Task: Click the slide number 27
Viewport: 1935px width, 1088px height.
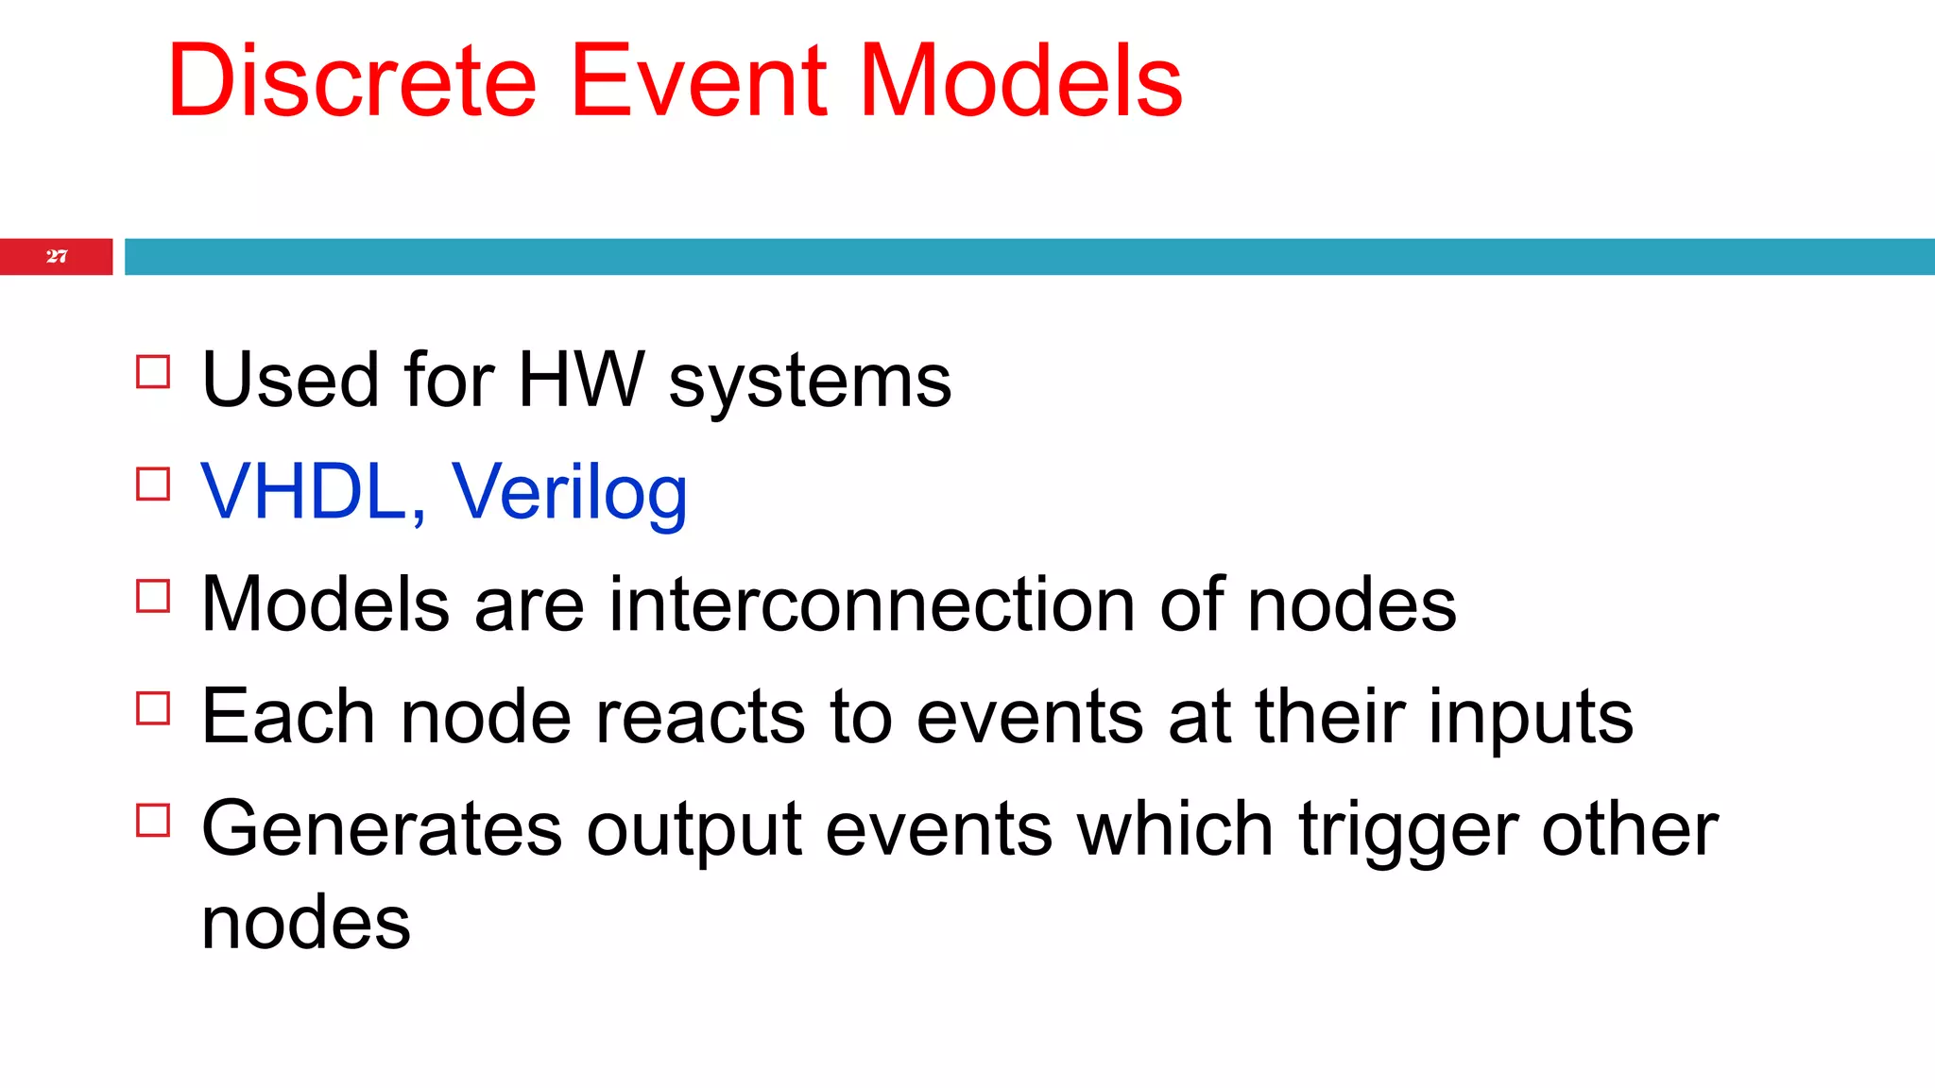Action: [57, 257]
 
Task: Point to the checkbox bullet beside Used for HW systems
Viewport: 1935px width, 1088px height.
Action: [153, 372]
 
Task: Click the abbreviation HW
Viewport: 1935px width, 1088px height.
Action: [580, 380]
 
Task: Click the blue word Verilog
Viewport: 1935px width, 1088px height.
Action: [569, 494]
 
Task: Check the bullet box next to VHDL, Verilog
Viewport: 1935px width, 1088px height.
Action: [153, 484]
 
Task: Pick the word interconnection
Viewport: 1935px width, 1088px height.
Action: [871, 604]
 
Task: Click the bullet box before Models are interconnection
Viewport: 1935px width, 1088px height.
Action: [153, 596]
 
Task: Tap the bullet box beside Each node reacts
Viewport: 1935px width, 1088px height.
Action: [153, 708]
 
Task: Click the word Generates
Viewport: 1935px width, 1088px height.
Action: [383, 829]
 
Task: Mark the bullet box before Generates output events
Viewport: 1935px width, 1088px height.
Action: [153, 820]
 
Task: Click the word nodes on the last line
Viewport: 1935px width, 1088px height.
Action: [306, 923]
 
